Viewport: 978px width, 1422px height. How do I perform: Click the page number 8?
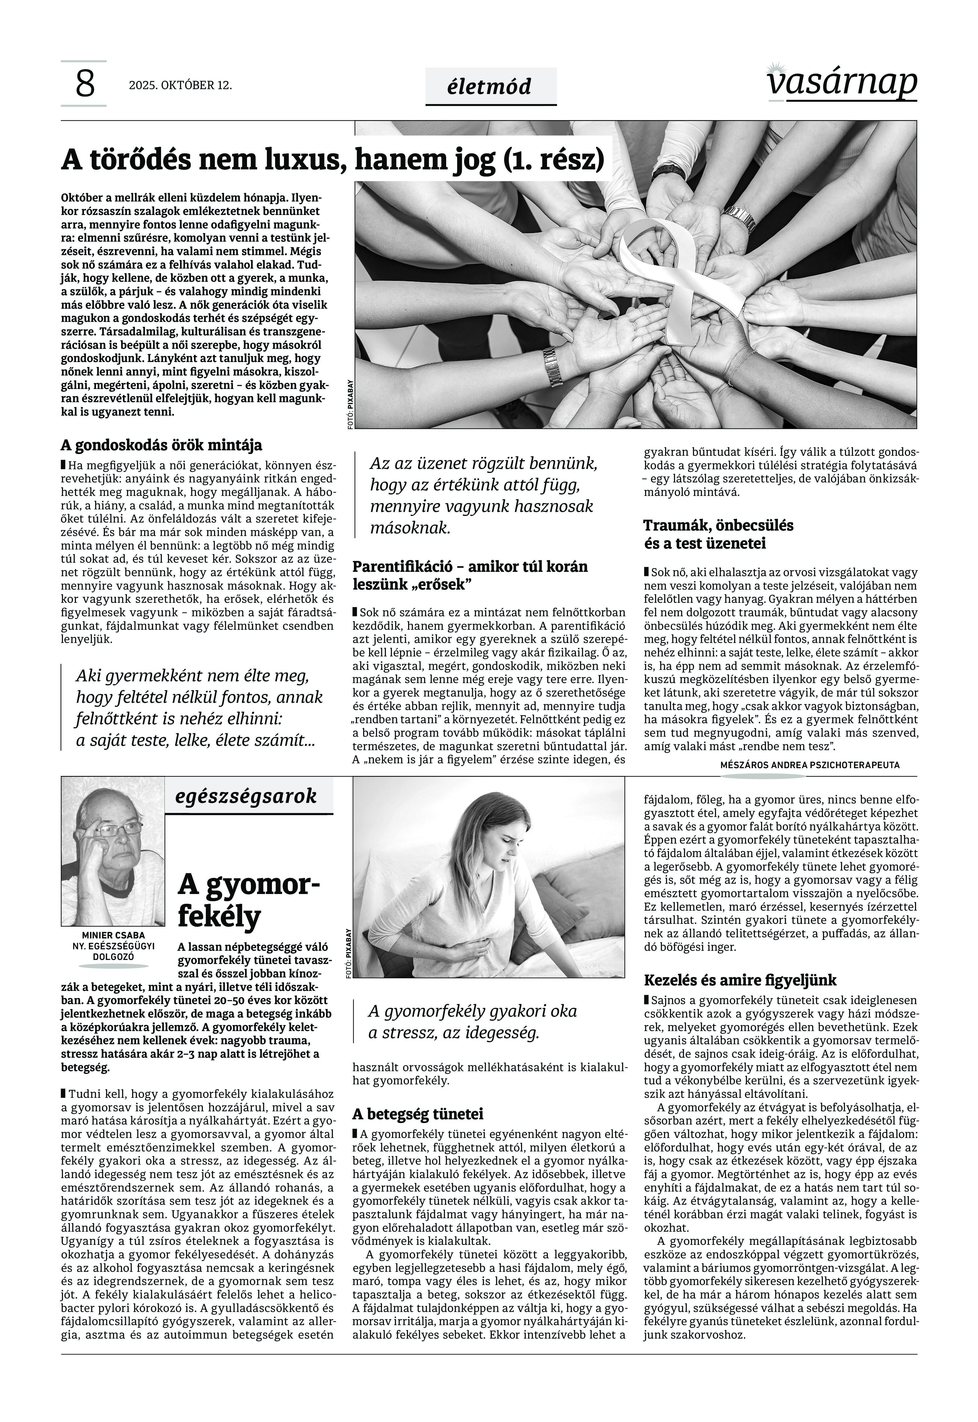tap(85, 84)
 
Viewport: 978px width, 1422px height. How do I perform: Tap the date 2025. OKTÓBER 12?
tap(180, 85)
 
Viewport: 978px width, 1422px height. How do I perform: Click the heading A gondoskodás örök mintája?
tap(161, 445)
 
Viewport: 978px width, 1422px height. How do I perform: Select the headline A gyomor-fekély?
tap(248, 901)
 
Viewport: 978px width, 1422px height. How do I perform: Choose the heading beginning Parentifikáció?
tap(469, 575)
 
